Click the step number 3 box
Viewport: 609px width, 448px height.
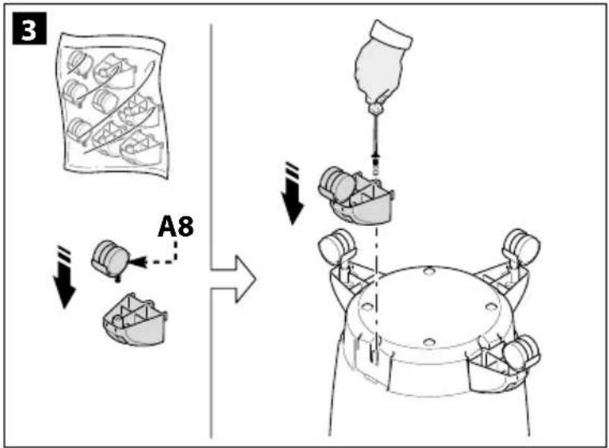29,28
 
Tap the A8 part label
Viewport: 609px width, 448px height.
176,227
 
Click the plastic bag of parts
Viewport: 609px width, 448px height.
113,106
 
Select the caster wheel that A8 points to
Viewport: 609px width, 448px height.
111,259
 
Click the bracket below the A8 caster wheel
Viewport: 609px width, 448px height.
135,319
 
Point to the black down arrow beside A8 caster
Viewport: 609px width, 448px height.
64,277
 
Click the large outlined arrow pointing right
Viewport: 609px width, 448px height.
233,279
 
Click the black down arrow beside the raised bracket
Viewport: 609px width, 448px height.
293,193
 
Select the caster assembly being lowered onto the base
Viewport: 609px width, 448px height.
355,195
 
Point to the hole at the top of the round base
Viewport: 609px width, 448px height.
428,271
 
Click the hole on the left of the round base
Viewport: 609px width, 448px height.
367,307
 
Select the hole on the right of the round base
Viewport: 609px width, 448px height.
491,307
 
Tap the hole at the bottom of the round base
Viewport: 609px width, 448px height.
428,342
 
